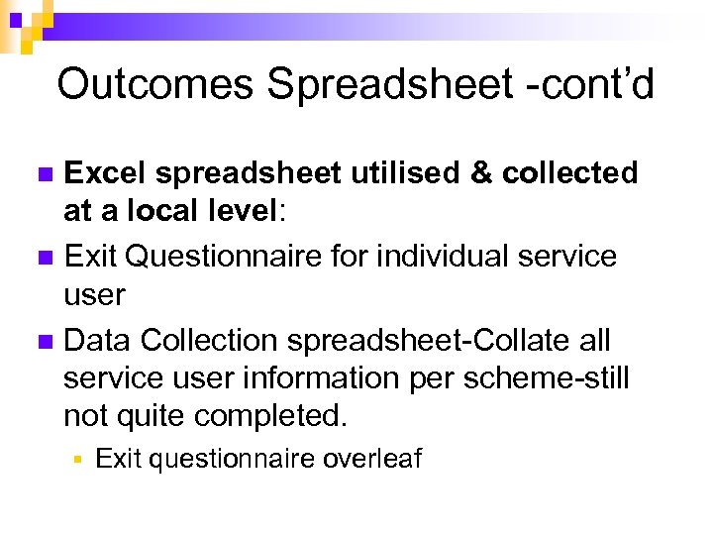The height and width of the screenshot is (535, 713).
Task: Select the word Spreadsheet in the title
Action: (x=383, y=84)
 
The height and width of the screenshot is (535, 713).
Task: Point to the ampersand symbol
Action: (x=482, y=173)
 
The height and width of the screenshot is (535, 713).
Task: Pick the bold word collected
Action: (x=569, y=173)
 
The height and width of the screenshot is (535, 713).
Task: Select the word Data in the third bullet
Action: (x=97, y=341)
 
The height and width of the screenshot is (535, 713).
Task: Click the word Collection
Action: (x=209, y=341)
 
